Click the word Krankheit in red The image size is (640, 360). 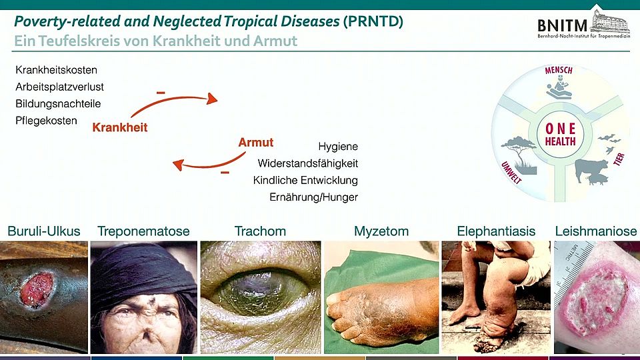point(119,127)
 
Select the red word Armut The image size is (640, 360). point(256,143)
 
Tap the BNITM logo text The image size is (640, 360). point(562,26)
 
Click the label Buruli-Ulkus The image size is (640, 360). point(44,231)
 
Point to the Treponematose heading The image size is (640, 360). point(143,231)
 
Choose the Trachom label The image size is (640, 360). point(260,231)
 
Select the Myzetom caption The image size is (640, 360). point(381,231)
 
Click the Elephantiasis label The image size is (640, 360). point(496,231)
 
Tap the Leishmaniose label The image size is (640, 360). point(596,231)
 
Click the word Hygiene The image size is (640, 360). point(338,147)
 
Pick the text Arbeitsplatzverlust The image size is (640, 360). point(59,87)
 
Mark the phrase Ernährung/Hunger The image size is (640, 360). point(313,197)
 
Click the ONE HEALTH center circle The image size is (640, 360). point(560,134)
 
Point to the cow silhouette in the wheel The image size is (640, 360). point(591,169)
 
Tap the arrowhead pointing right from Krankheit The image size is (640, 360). point(212,99)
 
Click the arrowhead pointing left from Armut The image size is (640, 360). point(178,165)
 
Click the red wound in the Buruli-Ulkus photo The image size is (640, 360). point(37,290)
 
